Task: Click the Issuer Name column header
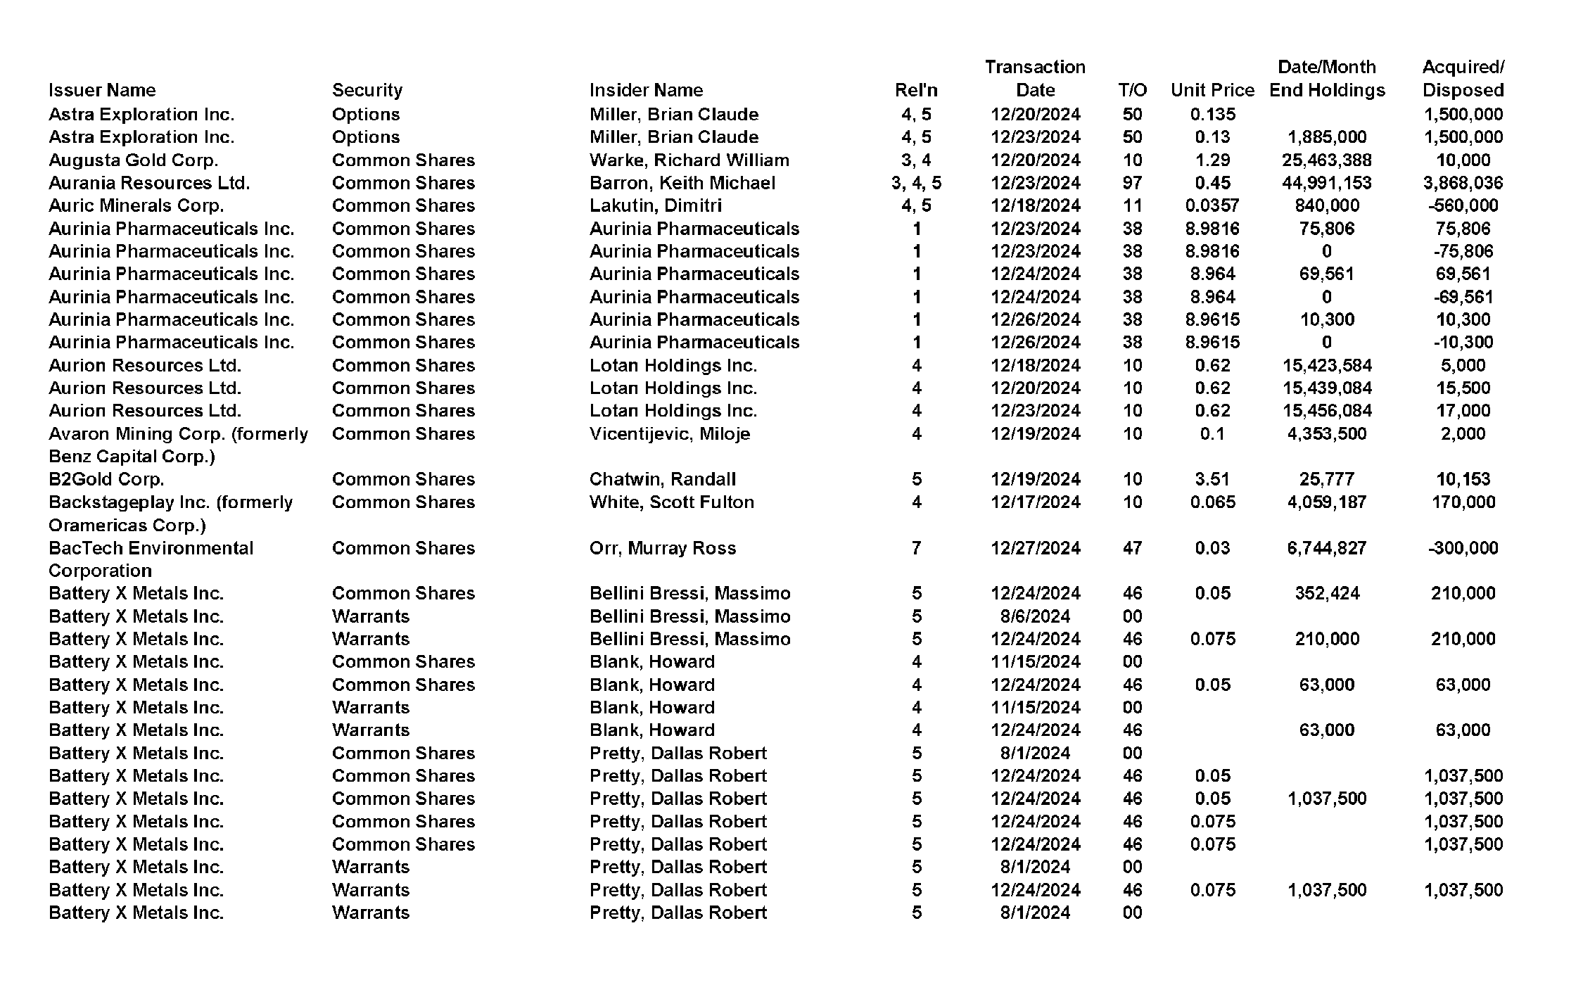(x=102, y=90)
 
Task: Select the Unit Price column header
(x=1212, y=90)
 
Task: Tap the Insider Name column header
(x=646, y=90)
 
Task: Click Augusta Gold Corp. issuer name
(x=133, y=160)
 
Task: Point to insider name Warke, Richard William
(x=689, y=160)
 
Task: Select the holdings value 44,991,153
(x=1326, y=183)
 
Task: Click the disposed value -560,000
(x=1463, y=205)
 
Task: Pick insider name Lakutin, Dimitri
(x=655, y=205)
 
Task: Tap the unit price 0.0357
(x=1212, y=205)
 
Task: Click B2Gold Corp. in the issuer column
(x=106, y=479)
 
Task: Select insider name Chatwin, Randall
(x=662, y=479)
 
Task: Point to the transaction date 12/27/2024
(x=1035, y=547)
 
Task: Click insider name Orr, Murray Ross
(x=662, y=547)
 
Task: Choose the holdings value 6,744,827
(x=1326, y=547)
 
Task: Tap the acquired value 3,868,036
(x=1463, y=183)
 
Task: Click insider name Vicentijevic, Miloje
(x=669, y=433)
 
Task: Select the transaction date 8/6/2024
(x=1035, y=616)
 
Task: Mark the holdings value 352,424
(x=1326, y=593)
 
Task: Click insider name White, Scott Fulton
(x=671, y=502)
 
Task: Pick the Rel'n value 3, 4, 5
(x=916, y=183)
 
